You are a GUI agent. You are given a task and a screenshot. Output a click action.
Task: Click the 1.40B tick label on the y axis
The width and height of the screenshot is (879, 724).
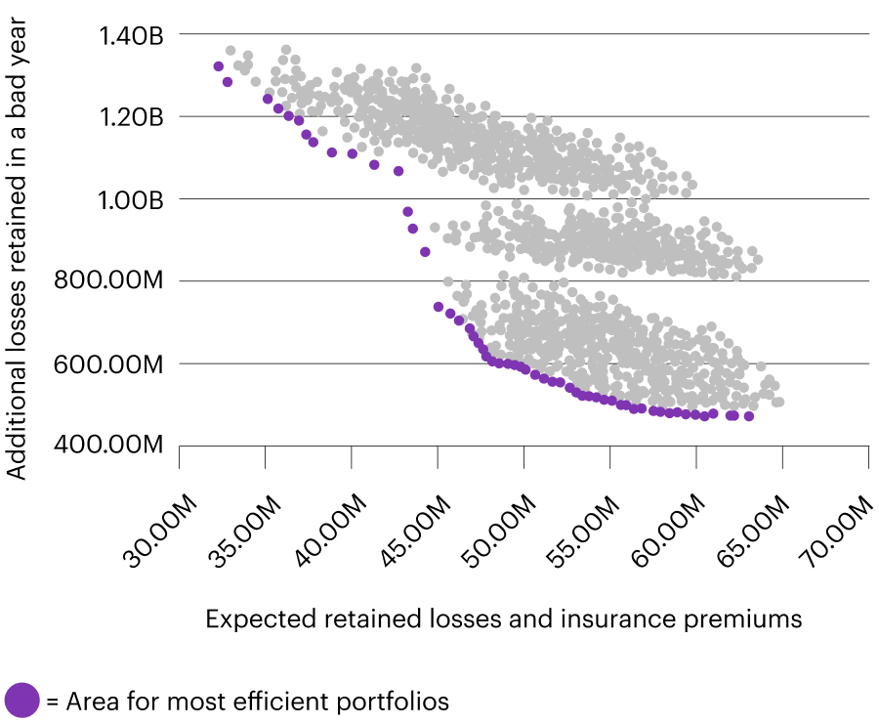(x=130, y=35)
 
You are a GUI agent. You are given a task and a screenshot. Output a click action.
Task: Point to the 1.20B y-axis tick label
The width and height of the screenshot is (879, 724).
(x=130, y=117)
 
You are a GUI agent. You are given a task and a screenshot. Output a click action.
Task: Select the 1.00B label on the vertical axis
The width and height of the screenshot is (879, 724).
(x=130, y=199)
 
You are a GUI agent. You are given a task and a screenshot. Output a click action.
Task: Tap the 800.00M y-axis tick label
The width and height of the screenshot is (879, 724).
(x=115, y=281)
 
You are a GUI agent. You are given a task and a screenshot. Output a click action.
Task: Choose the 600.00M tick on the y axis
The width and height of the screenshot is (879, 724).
(x=115, y=363)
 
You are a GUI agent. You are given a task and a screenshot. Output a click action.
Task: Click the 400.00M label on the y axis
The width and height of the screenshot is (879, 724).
(x=115, y=446)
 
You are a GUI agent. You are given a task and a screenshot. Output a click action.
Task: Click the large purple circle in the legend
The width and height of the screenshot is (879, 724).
(x=21, y=701)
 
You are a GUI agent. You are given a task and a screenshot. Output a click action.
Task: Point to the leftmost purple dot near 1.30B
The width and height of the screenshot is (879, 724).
(x=218, y=66)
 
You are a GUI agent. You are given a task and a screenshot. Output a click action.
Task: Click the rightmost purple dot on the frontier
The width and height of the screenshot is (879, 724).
(x=749, y=416)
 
